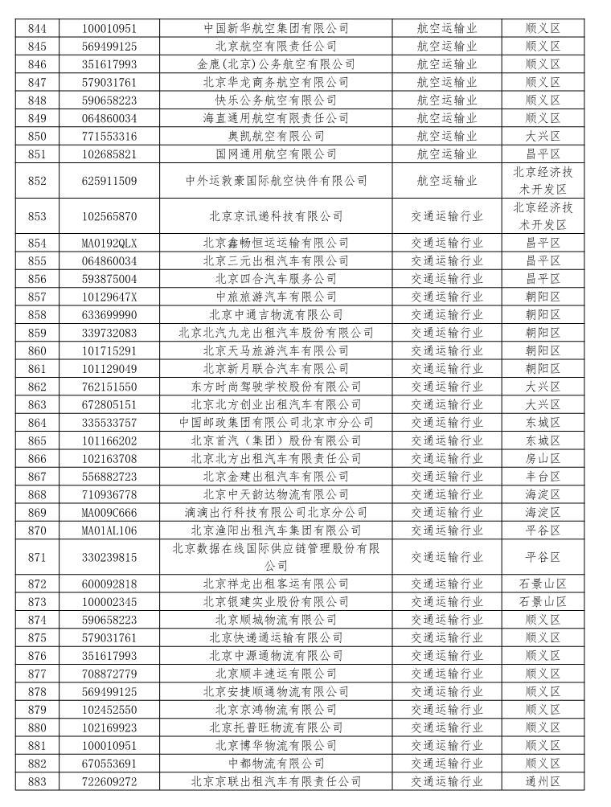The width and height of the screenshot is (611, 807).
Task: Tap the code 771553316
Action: point(109,136)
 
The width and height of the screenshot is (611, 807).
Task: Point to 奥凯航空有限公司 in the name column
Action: point(276,136)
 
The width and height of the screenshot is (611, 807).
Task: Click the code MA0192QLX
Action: point(109,243)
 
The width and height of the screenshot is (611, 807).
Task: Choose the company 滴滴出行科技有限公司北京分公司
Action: point(276,512)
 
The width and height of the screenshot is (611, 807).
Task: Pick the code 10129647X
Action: point(109,297)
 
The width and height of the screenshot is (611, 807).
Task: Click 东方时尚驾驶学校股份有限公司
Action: point(276,387)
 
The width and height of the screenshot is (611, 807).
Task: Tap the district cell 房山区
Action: point(543,458)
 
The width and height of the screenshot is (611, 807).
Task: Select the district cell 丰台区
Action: point(543,477)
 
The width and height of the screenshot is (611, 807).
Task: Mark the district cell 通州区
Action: point(543,781)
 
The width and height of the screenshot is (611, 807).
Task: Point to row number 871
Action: point(37,557)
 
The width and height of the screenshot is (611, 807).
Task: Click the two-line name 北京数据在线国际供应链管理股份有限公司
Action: point(276,557)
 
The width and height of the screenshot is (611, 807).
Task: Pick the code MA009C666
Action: point(109,512)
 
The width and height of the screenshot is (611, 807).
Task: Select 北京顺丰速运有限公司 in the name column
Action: point(276,674)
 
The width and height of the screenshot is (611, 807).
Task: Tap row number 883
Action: point(37,781)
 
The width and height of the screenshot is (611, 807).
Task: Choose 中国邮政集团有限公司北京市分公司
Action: point(276,422)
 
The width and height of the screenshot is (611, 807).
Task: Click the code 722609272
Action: point(109,781)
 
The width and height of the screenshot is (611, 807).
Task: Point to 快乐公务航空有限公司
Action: point(276,100)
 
